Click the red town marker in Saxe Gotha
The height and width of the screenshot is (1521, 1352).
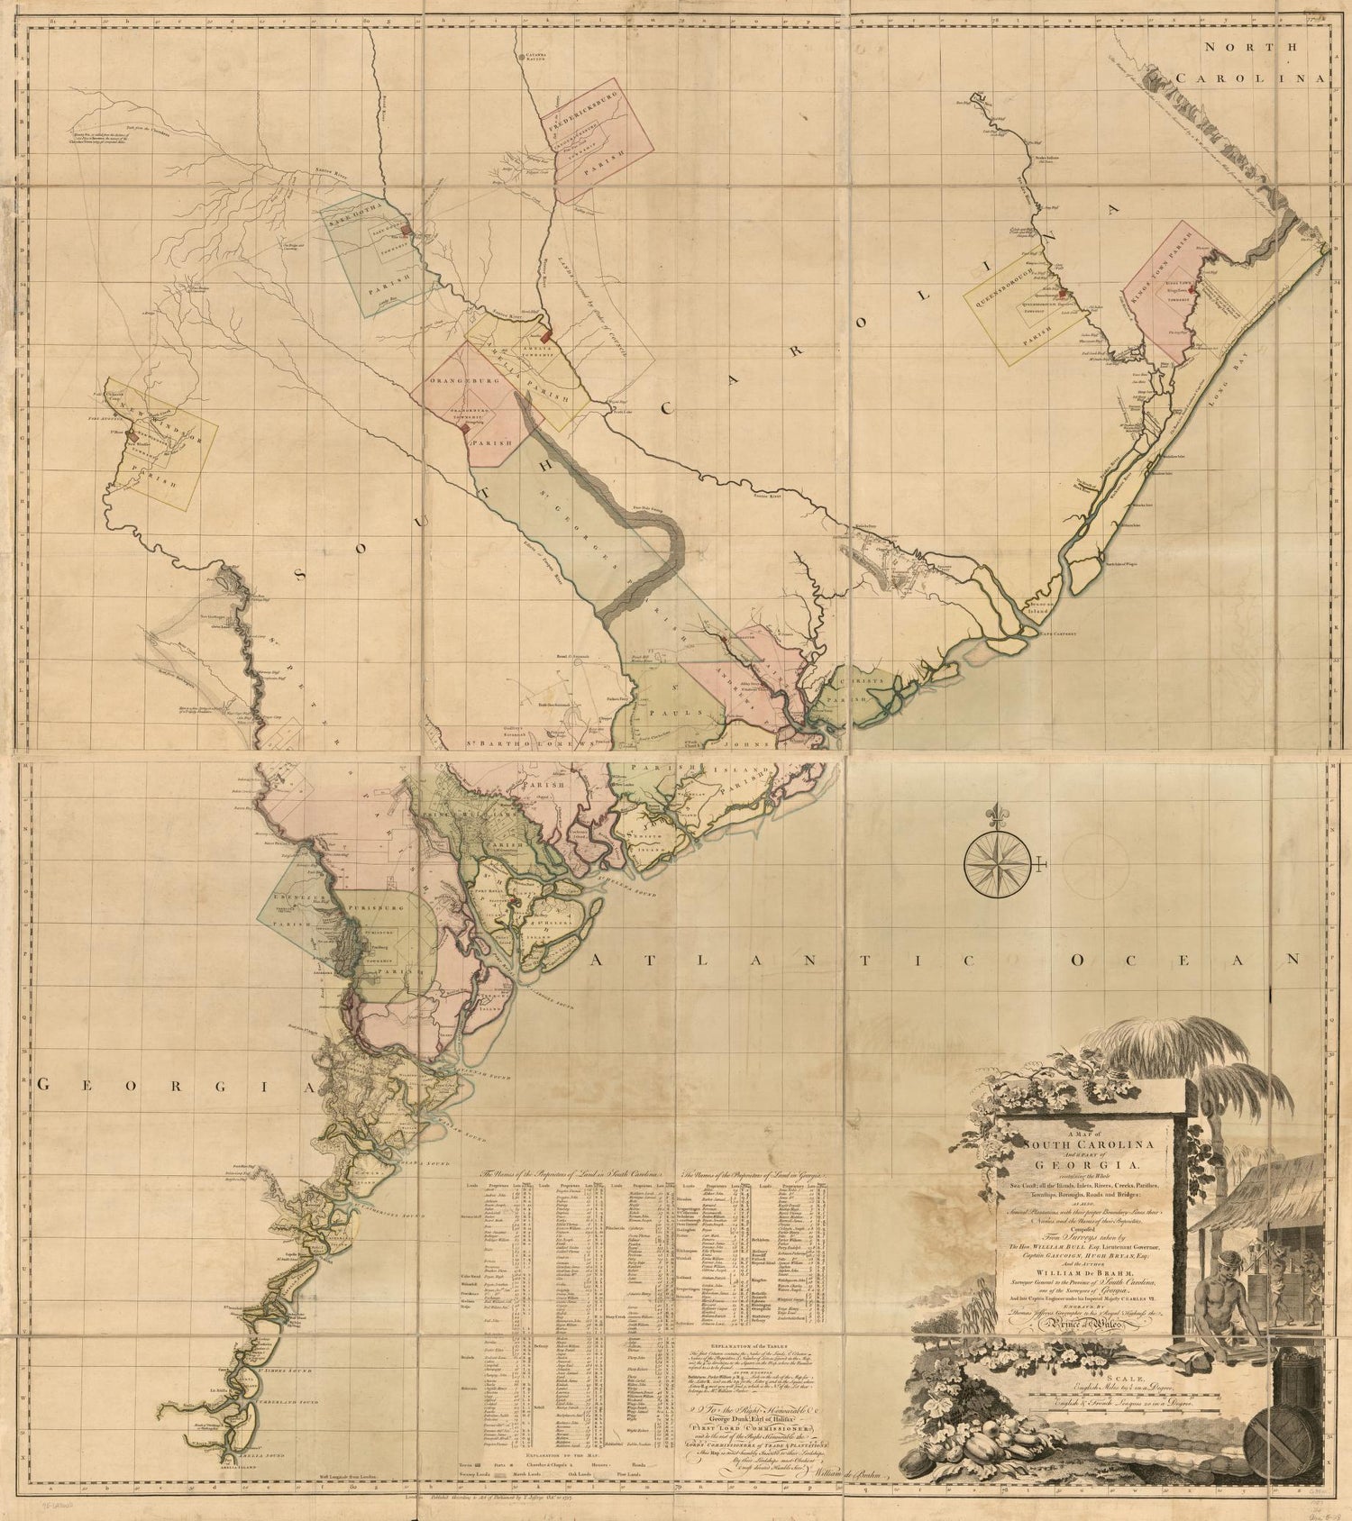pyautogui.click(x=407, y=231)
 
